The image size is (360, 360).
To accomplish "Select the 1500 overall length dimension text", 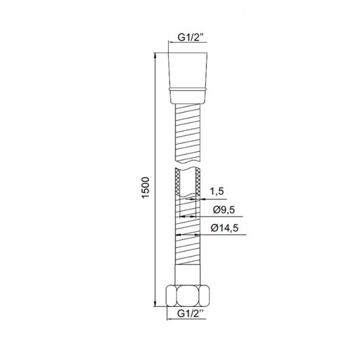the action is (x=145, y=188).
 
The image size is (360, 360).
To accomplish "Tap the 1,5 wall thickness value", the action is (x=217, y=192).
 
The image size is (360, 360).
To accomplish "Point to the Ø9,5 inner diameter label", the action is (x=224, y=209).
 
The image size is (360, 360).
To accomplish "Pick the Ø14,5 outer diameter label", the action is (x=225, y=228).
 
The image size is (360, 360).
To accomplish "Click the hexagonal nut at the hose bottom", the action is (x=188, y=296).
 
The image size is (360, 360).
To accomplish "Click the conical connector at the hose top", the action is (x=188, y=71).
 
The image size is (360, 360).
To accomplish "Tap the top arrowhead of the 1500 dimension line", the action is (x=155, y=56).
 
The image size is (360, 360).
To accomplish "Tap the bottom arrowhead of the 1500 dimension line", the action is (x=155, y=303).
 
